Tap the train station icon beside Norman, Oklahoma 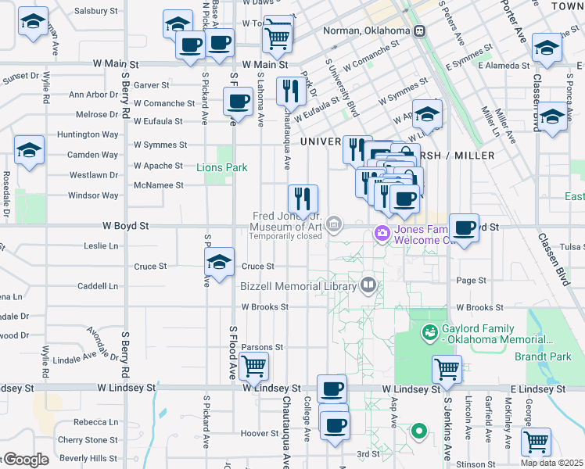tap(420, 31)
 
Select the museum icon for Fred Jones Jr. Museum tap(334, 226)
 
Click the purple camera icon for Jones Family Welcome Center tap(382, 232)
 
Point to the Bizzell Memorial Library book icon tap(368, 284)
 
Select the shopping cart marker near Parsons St tap(253, 365)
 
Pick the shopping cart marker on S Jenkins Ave tap(447, 368)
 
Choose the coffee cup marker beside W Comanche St tap(238, 101)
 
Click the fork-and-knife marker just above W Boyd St tap(302, 199)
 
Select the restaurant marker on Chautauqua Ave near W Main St tap(291, 91)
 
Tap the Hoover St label tap(255, 433)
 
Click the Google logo tap(25, 460)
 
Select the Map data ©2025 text tap(552, 463)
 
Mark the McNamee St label tap(159, 185)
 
